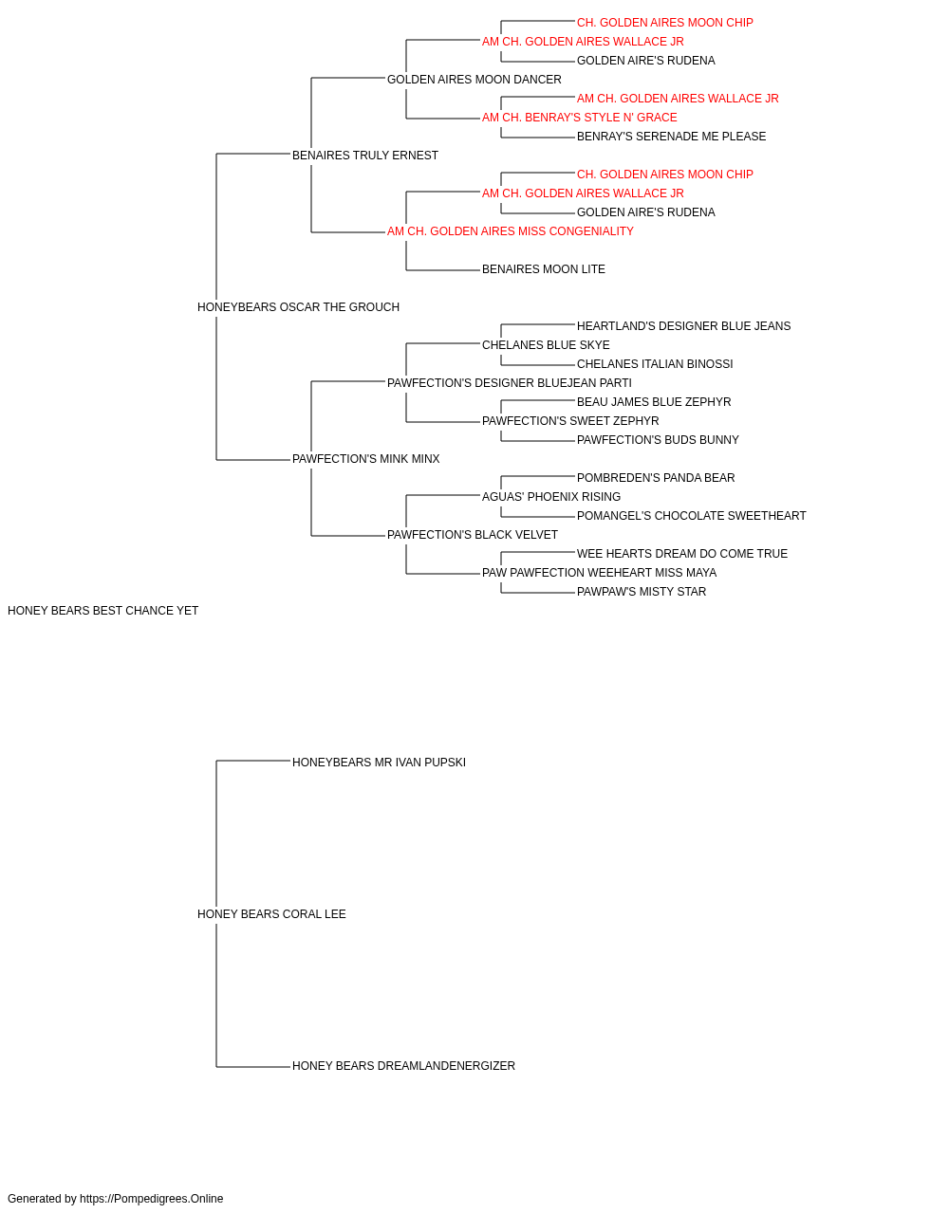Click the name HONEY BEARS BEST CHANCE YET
(102, 611)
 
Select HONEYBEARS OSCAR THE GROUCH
(298, 307)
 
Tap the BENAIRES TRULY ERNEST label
(365, 156)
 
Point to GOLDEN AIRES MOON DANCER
(474, 80)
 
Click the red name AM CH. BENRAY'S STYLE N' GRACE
(580, 118)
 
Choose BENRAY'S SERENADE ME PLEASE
(671, 137)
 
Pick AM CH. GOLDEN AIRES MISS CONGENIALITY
(511, 231)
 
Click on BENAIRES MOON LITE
(543, 269)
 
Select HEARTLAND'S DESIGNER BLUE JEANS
(683, 326)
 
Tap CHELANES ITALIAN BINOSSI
(655, 364)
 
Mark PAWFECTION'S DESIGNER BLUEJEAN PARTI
(510, 383)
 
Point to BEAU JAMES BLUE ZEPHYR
(654, 402)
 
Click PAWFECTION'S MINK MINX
(365, 459)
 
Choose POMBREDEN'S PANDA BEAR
(656, 478)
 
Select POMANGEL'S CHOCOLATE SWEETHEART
(692, 516)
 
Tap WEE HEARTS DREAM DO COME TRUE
(681, 554)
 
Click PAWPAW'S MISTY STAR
(642, 592)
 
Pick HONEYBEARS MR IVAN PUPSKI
(379, 763)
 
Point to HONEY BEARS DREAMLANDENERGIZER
(403, 1066)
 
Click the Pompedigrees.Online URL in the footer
(152, 1199)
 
